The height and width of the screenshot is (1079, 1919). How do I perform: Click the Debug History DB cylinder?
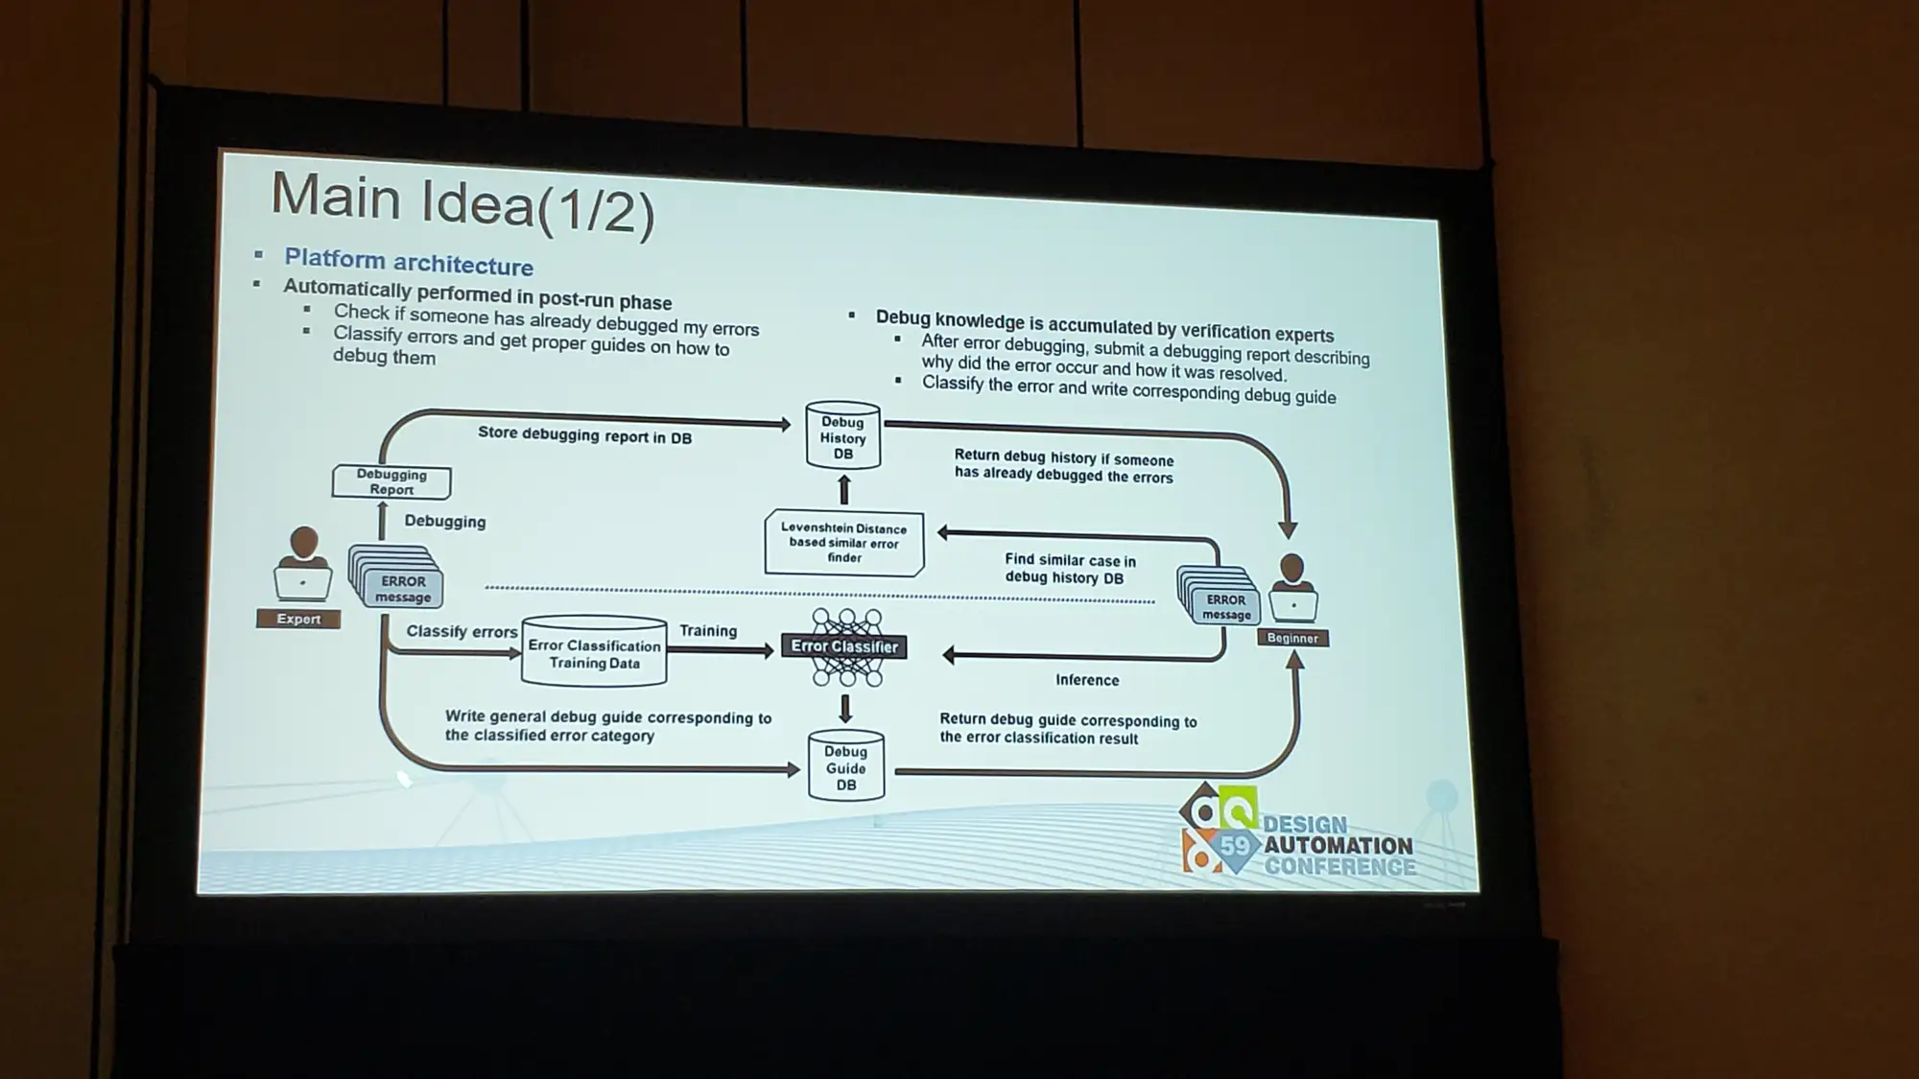point(842,435)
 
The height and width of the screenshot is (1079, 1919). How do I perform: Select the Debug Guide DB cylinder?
point(845,766)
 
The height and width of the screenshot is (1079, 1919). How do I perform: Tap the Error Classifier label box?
point(844,646)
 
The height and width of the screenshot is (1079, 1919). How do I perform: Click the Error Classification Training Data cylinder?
point(594,651)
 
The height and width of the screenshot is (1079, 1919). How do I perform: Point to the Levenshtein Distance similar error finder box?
point(844,543)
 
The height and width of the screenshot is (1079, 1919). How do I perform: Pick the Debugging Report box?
point(391,481)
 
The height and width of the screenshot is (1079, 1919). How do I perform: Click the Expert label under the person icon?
point(298,619)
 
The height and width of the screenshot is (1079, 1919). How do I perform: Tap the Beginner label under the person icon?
point(1292,638)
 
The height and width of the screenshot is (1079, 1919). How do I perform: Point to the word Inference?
point(1087,680)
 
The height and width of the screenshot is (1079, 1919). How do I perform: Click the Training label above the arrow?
point(708,630)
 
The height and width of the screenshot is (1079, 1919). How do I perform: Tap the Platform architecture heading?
point(409,261)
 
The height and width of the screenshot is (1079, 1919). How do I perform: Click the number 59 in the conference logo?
point(1236,845)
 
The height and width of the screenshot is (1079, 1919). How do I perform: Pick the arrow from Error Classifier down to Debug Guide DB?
point(845,709)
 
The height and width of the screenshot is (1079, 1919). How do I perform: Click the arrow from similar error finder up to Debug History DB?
point(844,490)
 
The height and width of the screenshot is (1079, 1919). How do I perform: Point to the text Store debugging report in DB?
point(584,434)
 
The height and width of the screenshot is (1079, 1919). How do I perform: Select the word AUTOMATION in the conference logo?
point(1338,845)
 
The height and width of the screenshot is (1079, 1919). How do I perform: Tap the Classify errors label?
point(462,631)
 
